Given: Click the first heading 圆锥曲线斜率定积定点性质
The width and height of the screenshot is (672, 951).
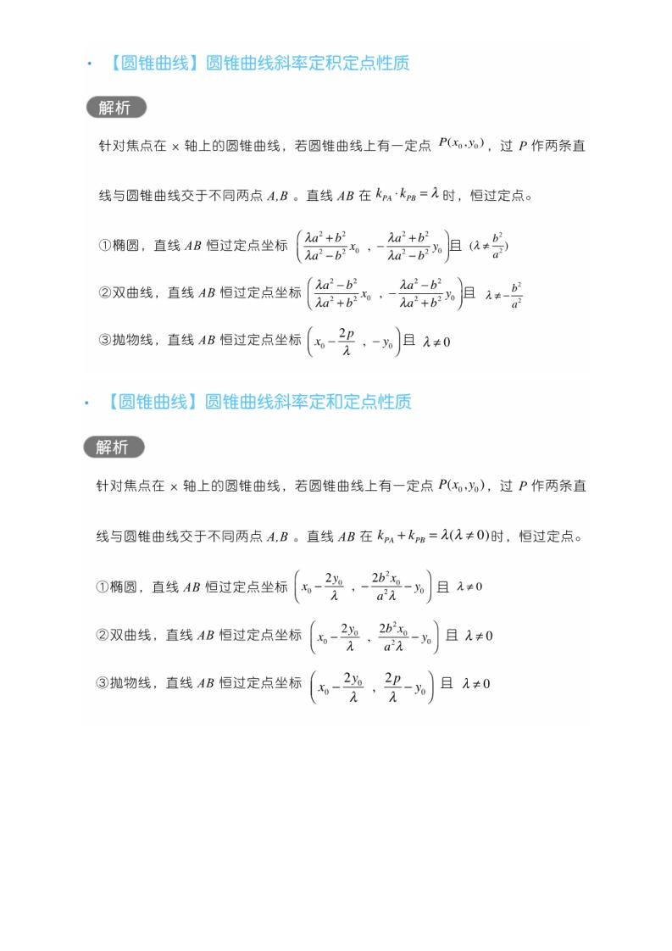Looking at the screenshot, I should [258, 63].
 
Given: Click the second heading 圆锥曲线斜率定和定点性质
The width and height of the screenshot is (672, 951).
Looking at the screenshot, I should [258, 402].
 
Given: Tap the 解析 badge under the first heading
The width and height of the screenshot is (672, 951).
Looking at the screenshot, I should [116, 108].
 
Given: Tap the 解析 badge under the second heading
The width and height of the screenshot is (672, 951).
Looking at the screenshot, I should [114, 447].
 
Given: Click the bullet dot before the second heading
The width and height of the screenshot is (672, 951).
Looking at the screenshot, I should [87, 403].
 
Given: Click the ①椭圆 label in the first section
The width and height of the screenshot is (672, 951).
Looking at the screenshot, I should [122, 246].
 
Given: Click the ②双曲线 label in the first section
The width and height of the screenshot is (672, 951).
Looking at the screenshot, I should [129, 292].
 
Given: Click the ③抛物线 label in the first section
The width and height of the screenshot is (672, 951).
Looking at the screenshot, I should [129, 340].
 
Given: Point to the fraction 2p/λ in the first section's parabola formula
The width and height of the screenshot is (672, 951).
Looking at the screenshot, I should [346, 342].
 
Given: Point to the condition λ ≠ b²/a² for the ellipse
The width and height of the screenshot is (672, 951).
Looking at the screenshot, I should [489, 246].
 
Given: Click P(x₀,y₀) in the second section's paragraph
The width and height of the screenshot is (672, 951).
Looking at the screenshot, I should [460, 486].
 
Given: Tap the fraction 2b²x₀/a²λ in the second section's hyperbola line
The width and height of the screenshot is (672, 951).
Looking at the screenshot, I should [392, 636].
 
